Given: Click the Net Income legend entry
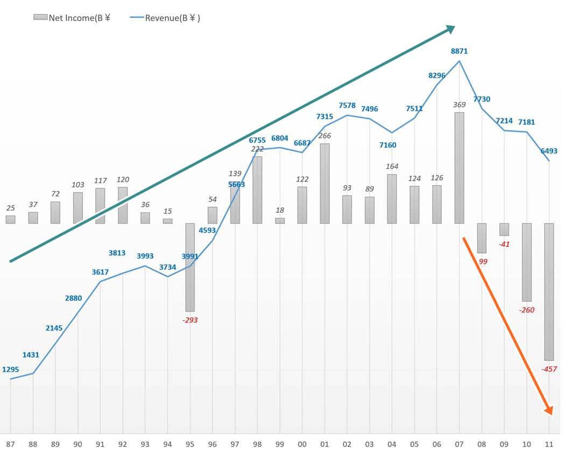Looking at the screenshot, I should [72, 18].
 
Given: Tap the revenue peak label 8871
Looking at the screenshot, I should [459, 51].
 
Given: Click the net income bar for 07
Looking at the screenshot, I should [459, 167].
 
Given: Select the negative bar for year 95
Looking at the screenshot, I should [190, 267].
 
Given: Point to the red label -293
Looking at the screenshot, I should [190, 320].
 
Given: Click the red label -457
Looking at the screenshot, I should [549, 369].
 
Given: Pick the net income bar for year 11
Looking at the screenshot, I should [549, 291].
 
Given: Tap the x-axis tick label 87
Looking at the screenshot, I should [10, 444].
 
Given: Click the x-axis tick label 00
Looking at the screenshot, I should [302, 444].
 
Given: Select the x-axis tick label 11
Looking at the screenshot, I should [549, 444].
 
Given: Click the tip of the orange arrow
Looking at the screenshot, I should [551, 413].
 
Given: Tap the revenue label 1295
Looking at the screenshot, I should [10, 369].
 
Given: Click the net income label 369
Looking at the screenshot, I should [459, 105].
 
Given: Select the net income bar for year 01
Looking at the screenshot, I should [324, 183].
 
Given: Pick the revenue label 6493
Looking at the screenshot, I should [549, 151].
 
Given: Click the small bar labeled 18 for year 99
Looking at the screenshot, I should [280, 220].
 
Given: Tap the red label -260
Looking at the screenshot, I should [526, 310].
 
